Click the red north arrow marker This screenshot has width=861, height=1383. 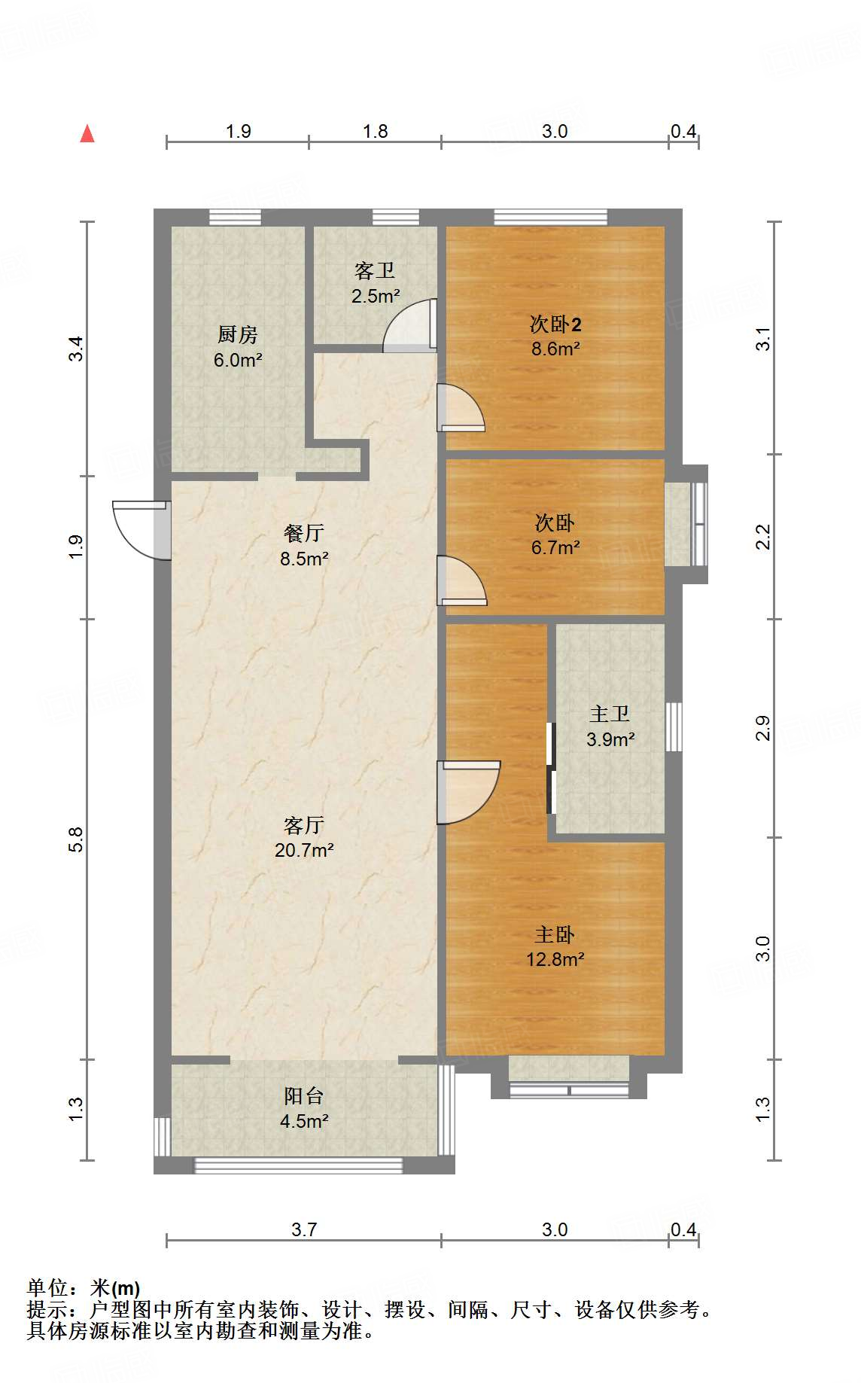click(87, 134)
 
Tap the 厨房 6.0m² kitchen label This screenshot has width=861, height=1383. click(238, 347)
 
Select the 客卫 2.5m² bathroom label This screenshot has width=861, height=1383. click(375, 283)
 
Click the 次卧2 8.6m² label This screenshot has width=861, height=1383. click(555, 337)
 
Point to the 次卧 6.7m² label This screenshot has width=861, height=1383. click(555, 535)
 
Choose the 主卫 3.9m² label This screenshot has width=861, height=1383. click(610, 727)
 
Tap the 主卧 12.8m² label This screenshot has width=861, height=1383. click(555, 946)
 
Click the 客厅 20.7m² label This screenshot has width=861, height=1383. click(304, 837)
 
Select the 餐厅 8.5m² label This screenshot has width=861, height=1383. click(304, 546)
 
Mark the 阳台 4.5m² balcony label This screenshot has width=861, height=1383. click(304, 1108)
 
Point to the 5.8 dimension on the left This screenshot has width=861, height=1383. click(75, 839)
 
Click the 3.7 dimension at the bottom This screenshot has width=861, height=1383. click(304, 1229)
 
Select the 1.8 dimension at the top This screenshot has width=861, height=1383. click(375, 132)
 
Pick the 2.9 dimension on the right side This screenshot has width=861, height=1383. click(762, 728)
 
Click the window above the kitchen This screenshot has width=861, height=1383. click(235, 218)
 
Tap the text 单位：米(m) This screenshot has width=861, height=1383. click(83, 1288)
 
